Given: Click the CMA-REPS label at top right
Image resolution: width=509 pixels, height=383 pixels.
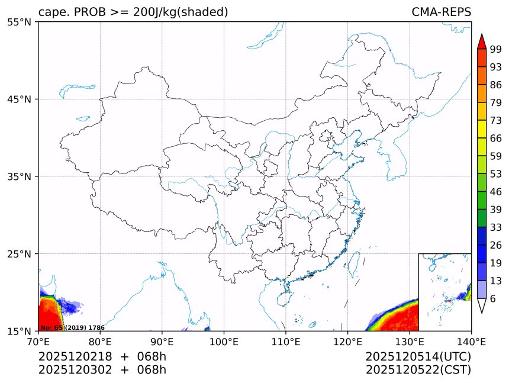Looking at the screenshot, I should click(x=441, y=12).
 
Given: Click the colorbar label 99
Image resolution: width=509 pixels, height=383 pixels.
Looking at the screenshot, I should click(x=496, y=49).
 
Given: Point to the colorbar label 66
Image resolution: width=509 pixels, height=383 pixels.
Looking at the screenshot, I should click(x=496, y=138).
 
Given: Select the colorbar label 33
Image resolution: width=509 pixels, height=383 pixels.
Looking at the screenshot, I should click(x=496, y=227).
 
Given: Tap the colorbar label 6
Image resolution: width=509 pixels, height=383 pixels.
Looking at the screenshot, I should click(x=493, y=299).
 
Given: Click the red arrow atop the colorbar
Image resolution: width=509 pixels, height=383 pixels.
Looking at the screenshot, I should click(x=481, y=41).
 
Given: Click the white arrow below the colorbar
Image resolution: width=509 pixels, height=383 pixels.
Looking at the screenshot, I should click(x=481, y=305).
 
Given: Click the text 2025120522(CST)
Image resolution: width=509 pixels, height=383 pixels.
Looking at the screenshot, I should click(x=418, y=370).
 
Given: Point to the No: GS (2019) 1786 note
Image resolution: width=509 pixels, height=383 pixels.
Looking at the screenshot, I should click(x=72, y=327).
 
